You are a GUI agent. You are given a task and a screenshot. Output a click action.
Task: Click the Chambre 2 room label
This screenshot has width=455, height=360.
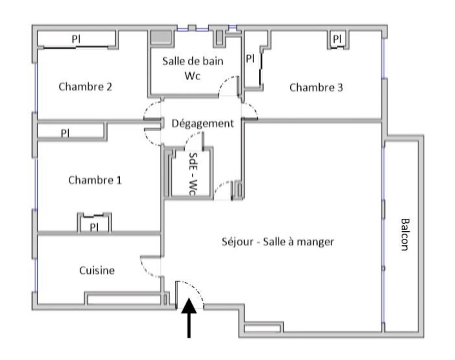pos(85,87)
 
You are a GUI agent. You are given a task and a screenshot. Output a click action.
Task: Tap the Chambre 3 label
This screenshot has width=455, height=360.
pos(316,87)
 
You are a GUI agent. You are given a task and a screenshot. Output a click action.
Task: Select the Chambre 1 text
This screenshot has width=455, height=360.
pos(95,180)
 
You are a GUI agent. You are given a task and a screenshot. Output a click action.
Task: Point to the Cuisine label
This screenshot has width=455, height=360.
pos(97,270)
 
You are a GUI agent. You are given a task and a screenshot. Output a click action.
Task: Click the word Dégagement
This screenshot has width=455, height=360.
pos(203,123)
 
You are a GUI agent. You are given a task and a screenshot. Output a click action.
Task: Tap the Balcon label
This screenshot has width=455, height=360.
pos(405,235)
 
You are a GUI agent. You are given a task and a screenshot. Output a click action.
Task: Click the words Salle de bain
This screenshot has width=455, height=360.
pos(193,61)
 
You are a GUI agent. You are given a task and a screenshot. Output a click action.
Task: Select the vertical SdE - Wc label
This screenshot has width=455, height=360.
pos(193,174)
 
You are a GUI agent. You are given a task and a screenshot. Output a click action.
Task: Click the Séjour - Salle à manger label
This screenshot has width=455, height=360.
pos(278,242)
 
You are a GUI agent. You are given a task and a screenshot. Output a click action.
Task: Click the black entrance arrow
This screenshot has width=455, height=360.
pos(189,318)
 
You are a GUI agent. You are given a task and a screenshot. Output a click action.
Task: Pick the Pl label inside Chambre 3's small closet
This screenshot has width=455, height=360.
pos(337,39)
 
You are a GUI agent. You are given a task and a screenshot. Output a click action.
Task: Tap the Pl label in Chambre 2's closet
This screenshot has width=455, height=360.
pos(76,39)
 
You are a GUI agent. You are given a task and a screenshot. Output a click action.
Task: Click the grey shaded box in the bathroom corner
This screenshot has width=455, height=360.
pos(161,37)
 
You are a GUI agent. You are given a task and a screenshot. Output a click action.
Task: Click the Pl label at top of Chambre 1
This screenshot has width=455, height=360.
pos(65,133)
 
